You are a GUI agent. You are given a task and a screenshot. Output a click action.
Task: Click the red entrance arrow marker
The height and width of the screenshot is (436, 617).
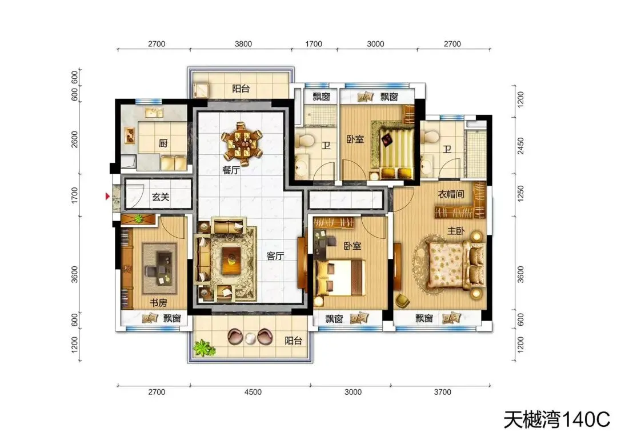pos(107,196)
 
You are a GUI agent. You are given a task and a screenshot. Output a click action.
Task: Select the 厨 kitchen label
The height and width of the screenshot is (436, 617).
pos(163,143)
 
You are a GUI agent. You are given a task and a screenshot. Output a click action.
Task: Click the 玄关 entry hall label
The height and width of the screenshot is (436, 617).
pos(161,197)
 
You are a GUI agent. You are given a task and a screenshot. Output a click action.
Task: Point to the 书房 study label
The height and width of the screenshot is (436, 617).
pos(158,302)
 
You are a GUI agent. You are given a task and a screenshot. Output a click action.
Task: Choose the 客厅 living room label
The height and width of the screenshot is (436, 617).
pos(275,256)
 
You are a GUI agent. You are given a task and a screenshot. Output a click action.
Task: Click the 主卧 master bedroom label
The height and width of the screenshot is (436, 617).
pos(456,231)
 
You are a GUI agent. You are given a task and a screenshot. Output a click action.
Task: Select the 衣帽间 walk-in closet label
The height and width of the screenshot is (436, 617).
pos(451,194)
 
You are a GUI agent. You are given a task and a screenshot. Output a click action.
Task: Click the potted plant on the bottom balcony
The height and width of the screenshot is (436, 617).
pos(204,348)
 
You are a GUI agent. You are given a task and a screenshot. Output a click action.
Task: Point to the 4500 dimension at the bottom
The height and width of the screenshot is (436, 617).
pos(253,392)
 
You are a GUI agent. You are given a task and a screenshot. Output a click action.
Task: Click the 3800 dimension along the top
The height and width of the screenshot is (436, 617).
pos(243,43)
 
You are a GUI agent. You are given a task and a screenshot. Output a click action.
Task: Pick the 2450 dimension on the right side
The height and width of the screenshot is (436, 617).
pos(520,146)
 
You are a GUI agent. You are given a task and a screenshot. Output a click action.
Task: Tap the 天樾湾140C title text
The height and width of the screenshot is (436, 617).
pos(557,419)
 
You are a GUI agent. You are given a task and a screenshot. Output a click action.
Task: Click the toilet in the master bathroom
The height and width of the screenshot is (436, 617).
pos(429,137)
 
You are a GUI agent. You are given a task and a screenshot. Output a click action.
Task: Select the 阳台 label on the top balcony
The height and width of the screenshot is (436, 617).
pos(241,89)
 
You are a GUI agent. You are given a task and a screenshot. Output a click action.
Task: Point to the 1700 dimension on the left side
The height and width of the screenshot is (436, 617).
pos(75,195)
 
